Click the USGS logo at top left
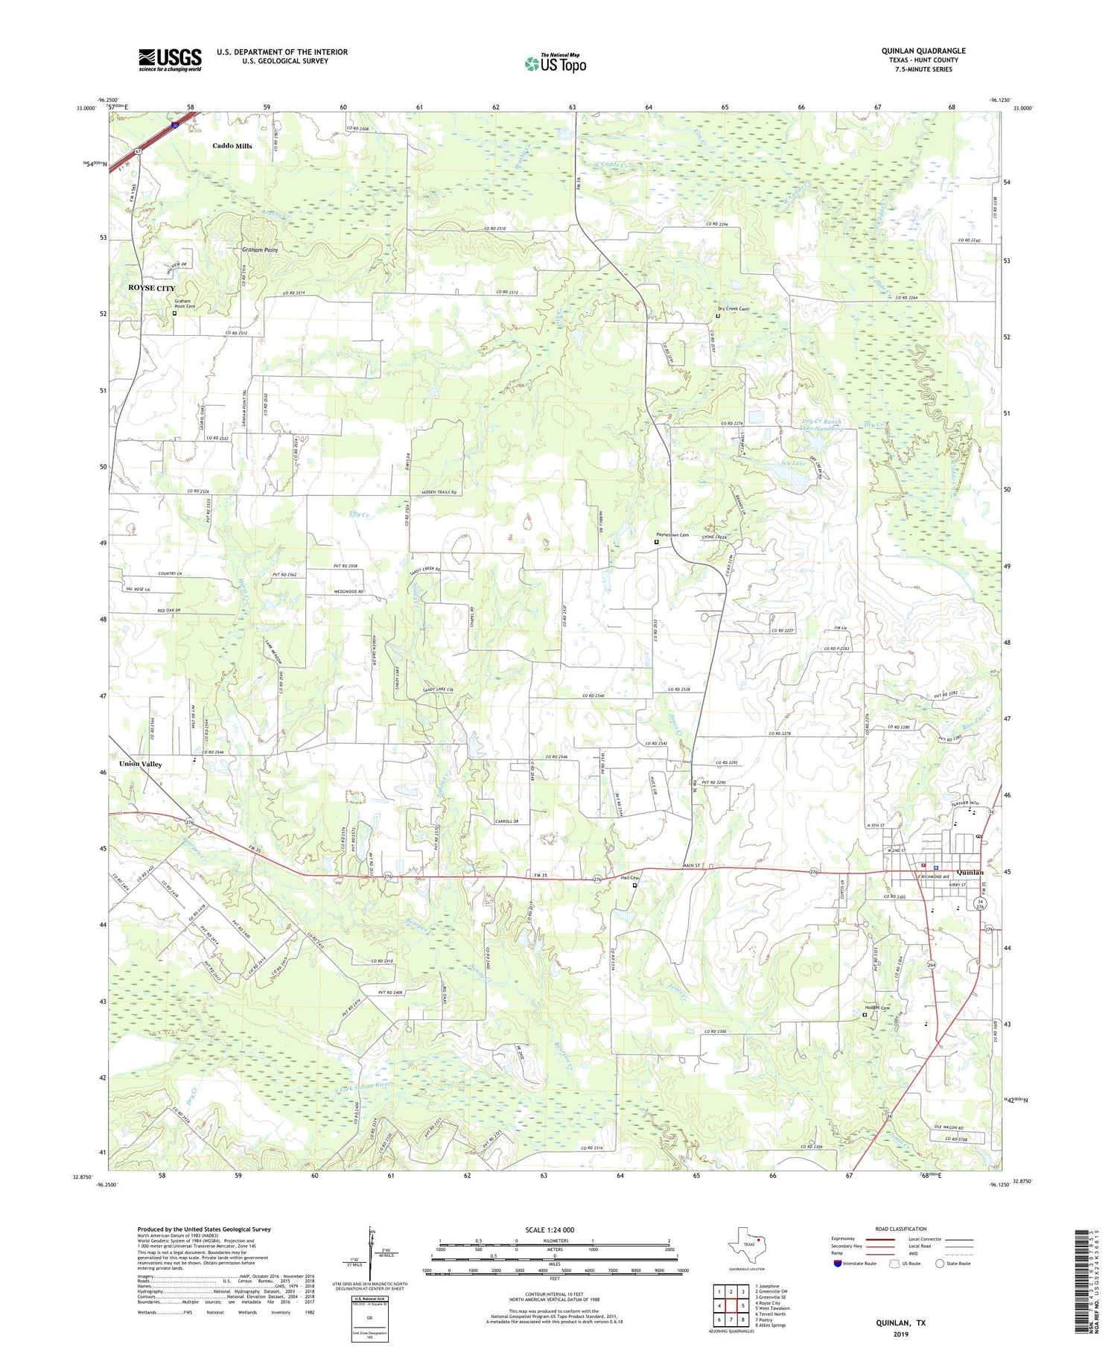170,60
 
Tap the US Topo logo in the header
555,64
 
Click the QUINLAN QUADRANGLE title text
923,51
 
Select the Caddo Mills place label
232,146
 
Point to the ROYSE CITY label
152,288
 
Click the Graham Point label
259,250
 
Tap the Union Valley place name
140,764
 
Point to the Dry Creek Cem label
733,308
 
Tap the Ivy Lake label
791,463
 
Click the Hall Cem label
630,878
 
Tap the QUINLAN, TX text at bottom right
900,1322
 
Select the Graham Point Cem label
183,304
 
